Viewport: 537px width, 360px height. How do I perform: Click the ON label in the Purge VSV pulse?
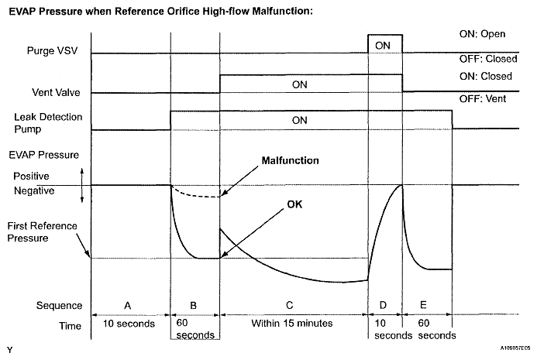pos(382,45)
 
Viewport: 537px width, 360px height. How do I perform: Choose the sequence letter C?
pos(294,304)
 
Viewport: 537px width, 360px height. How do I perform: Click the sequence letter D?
pos(385,304)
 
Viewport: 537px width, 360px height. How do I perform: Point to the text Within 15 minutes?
pos(294,327)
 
